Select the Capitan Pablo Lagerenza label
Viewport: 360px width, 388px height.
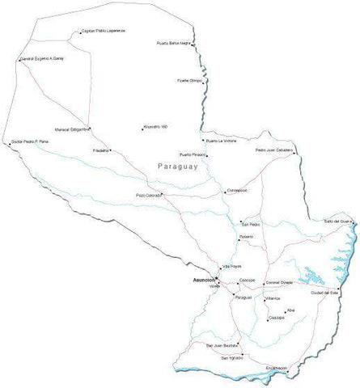(x=104, y=32)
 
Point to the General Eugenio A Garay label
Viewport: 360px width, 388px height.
(x=42, y=60)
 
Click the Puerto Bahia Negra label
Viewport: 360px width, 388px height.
(x=174, y=43)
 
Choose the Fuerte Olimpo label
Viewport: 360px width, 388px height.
(x=189, y=81)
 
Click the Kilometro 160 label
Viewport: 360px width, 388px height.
(x=155, y=127)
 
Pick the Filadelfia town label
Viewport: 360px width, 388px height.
(x=101, y=150)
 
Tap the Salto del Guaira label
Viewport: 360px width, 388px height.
(x=338, y=221)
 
